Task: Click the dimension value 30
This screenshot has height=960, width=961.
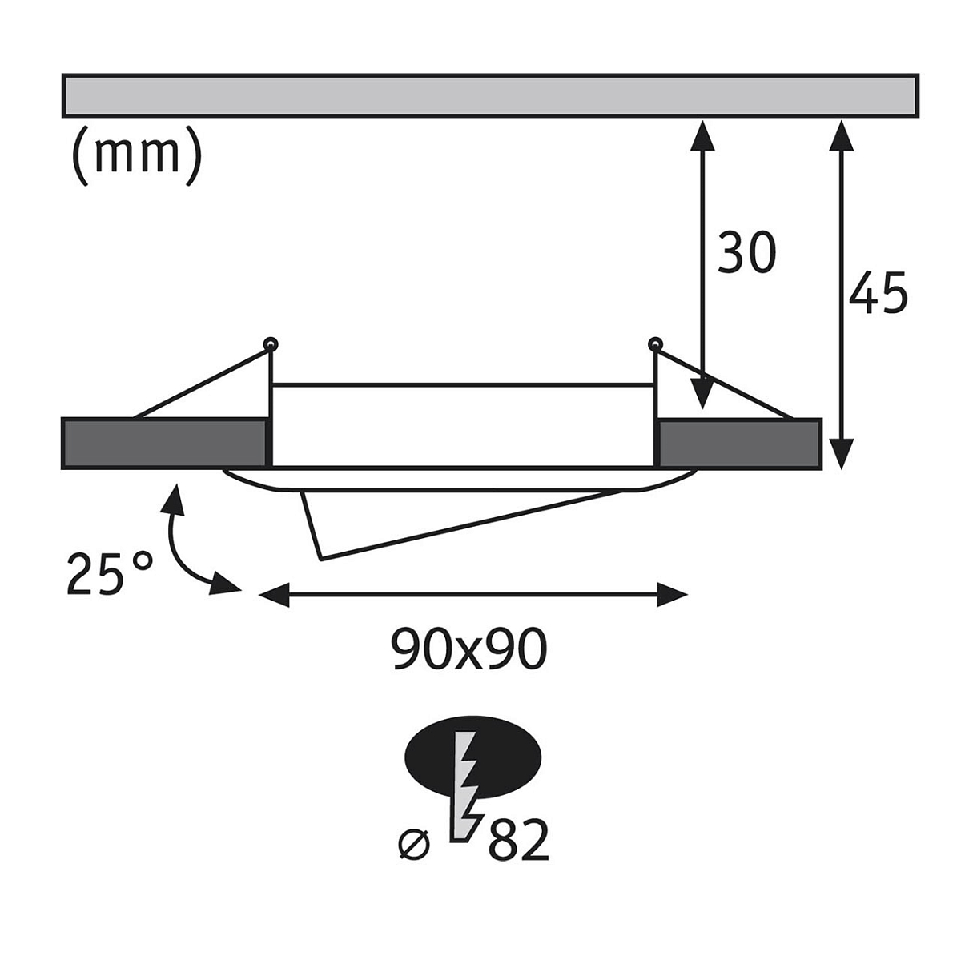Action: [746, 252]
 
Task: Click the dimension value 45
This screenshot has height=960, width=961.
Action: [879, 292]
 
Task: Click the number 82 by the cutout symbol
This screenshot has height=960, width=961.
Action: [518, 838]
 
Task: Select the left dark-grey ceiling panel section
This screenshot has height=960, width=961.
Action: [163, 443]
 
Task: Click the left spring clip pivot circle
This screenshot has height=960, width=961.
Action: [271, 344]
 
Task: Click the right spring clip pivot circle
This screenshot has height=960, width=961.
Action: [654, 345]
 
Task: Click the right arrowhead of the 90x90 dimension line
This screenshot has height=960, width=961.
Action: [674, 595]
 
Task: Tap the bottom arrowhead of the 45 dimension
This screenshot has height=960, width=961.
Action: [840, 456]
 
